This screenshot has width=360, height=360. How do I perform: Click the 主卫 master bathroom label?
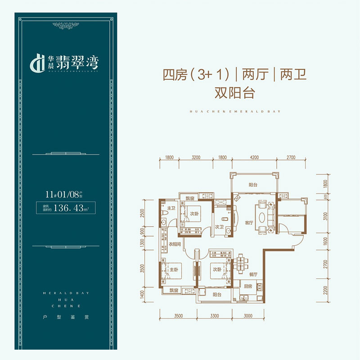pyautogui.click(x=171, y=208)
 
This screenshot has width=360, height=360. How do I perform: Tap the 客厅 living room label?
pyautogui.click(x=249, y=223)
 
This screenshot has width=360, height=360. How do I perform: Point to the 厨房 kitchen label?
pyautogui.click(x=247, y=287)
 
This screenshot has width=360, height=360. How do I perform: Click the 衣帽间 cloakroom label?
pyautogui.click(x=175, y=245)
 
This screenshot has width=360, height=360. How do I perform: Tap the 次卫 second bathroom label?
pyautogui.click(x=219, y=227)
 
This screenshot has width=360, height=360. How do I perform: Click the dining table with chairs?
pyautogui.click(x=242, y=262)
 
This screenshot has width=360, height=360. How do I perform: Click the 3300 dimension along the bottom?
pyautogui.click(x=214, y=316)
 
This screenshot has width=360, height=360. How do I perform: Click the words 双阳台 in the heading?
pyautogui.click(x=235, y=93)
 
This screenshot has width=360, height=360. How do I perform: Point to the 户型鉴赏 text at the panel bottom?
pyautogui.click(x=62, y=317)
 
